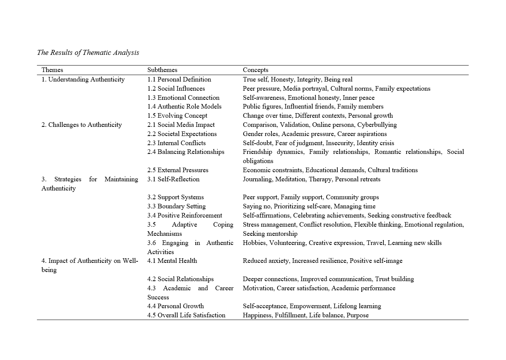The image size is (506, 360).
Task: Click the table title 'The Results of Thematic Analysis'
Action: coord(88,53)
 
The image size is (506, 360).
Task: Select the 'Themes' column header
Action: coord(52,70)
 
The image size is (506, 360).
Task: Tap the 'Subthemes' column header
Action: coord(162,70)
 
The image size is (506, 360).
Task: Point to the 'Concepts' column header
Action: coord(255,70)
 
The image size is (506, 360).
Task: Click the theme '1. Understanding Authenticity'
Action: coord(83,79)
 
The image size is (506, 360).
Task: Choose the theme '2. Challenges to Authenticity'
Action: coord(81,125)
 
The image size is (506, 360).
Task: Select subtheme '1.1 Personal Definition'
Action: coord(179,79)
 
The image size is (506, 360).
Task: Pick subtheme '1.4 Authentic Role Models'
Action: coord(184,107)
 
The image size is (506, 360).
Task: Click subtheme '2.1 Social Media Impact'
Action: coord(181,125)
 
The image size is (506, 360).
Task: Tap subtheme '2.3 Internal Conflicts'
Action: coord(176,143)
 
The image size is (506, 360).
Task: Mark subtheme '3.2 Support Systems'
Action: coord(176,197)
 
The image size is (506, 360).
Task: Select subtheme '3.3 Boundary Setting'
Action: coord(176,206)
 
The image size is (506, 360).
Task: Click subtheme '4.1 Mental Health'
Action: coord(172,261)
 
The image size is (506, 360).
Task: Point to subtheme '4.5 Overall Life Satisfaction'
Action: coord(186,315)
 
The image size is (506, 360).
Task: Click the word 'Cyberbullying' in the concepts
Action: coord(377,125)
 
